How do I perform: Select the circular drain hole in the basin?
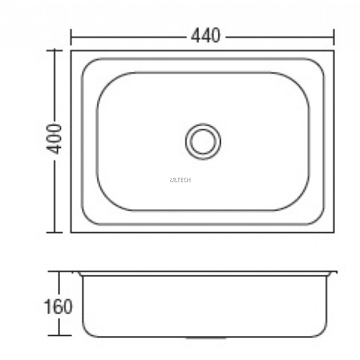coord(203,140)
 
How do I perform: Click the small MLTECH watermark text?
coord(180,180)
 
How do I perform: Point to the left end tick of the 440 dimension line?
coord(71,37)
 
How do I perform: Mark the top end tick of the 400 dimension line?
coord(55,50)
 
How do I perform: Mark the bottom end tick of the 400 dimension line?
coord(55,232)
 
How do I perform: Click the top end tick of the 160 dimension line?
coord(59,272)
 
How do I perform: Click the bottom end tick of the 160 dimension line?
coord(59,336)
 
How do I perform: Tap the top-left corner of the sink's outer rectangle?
coord(71,51)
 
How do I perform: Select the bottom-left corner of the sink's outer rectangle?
coord(71,232)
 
